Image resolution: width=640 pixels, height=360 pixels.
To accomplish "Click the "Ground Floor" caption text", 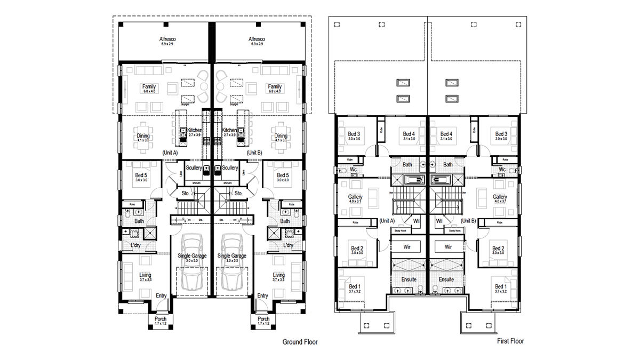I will click(300, 342).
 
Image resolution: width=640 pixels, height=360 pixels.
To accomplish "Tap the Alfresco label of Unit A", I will click(167, 39).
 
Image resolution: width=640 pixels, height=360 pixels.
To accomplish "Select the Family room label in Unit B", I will click(275, 87).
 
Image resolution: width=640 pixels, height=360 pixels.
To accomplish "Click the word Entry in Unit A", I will click(161, 295).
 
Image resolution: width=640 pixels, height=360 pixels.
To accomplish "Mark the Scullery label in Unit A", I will click(194, 168).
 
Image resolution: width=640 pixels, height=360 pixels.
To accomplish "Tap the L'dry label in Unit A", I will click(137, 245).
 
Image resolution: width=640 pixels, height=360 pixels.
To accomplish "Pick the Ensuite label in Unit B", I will click(446, 279).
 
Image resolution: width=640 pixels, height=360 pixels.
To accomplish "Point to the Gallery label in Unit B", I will click(500, 197).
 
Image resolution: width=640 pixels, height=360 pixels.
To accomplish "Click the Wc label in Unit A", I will click(353, 170).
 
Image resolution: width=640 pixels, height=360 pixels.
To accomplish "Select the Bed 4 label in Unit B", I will click(447, 134).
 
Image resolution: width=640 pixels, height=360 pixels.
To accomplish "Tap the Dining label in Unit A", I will click(143, 136).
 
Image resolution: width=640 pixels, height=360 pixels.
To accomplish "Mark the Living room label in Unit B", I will click(279, 275).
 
